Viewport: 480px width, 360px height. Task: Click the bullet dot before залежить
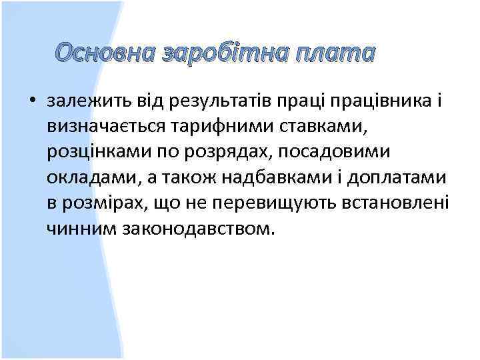tap(31, 101)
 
